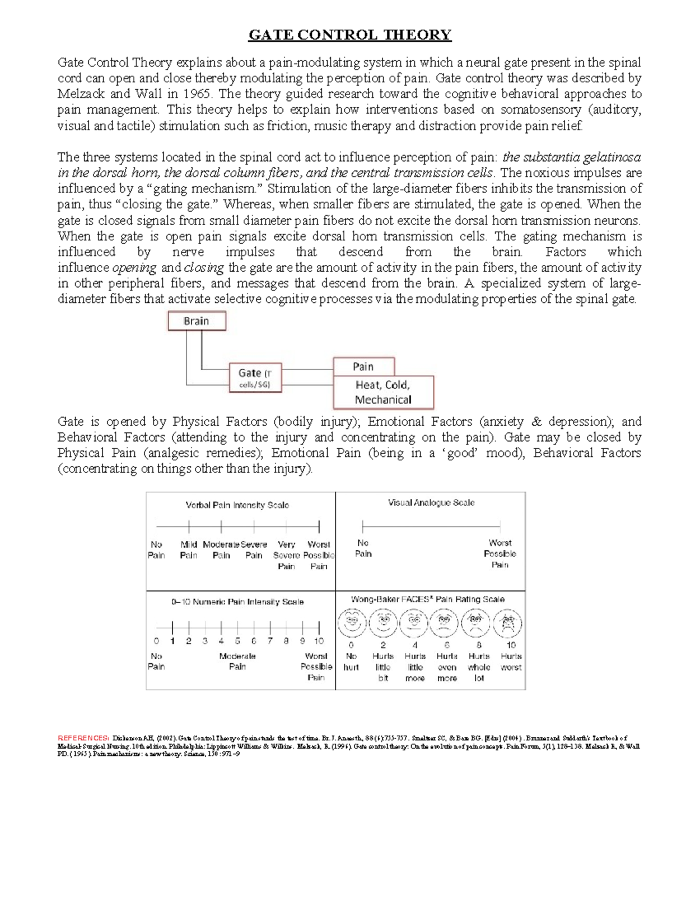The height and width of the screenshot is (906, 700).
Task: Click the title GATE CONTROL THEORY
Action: coord(350,35)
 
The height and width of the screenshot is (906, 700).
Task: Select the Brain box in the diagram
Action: coord(197,321)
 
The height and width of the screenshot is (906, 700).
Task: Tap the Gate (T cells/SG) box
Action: coord(255,378)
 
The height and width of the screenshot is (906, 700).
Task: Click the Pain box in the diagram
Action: coord(363,366)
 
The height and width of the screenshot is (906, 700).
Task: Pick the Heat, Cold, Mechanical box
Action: coord(383,392)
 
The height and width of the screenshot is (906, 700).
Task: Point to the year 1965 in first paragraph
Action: coord(197,94)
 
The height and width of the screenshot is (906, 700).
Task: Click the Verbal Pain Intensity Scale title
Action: coord(237,505)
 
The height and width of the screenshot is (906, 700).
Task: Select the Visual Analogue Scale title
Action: coord(431,502)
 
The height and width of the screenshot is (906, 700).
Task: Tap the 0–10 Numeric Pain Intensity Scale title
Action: coord(237,601)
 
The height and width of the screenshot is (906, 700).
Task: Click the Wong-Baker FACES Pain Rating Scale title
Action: coord(428,599)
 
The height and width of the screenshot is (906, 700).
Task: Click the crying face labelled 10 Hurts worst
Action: coord(507,624)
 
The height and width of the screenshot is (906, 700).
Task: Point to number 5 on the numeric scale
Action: coord(237,641)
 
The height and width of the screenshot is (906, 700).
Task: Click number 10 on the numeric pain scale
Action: coord(318,641)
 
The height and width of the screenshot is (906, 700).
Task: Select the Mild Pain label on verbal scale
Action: coord(188,550)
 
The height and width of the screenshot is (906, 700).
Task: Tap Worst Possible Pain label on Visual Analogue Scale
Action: coord(500,553)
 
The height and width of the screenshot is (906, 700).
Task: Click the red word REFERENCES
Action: coord(83,738)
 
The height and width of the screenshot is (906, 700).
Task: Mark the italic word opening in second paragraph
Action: coord(134,268)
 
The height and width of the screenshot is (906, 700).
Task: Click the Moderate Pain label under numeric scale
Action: coord(237,661)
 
